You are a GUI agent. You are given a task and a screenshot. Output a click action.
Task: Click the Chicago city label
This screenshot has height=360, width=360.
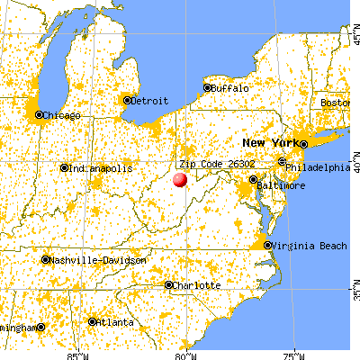63,115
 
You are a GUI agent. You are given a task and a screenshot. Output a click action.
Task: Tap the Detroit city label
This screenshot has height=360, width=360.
149,101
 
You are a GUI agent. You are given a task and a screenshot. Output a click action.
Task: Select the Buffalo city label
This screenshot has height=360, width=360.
229,88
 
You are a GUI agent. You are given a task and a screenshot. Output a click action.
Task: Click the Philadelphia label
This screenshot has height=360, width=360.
318,167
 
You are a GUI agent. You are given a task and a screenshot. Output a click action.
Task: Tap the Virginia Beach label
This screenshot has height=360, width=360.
305,245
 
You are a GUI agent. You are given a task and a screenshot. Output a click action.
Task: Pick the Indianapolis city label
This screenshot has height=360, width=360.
102,168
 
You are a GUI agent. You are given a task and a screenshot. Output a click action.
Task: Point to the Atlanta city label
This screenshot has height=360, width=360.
118,321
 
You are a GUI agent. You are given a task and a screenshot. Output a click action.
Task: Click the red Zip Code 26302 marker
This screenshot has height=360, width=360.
179,179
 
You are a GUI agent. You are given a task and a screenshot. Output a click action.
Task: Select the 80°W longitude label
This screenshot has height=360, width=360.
185,354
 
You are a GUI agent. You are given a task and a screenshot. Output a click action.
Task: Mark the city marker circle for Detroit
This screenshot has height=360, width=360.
127,100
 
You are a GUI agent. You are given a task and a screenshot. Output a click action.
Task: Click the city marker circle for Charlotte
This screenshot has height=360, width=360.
169,285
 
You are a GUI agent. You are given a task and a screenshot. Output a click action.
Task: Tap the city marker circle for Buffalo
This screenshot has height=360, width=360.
207,88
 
